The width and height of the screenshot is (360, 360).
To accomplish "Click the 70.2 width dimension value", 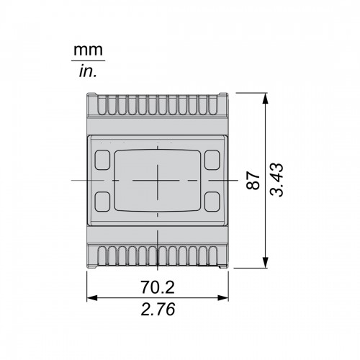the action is pyautogui.click(x=158, y=287).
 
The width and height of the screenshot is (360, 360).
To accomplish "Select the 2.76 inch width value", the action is pyautogui.click(x=158, y=309).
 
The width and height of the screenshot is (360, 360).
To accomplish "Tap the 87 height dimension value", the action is pyautogui.click(x=253, y=180).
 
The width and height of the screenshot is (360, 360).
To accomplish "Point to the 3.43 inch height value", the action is pyautogui.click(x=276, y=180).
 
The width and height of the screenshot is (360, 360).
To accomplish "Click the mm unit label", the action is pyautogui.click(x=88, y=50).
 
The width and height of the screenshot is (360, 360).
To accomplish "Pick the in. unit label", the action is pyautogui.click(x=88, y=71).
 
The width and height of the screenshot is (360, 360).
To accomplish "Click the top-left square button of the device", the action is pyautogui.click(x=102, y=160).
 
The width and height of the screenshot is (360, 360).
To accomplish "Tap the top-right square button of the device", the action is pyautogui.click(x=212, y=160).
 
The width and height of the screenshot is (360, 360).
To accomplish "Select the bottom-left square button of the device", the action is pyautogui.click(x=102, y=202).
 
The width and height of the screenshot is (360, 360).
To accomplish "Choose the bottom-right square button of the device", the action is pyautogui.click(x=212, y=202).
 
